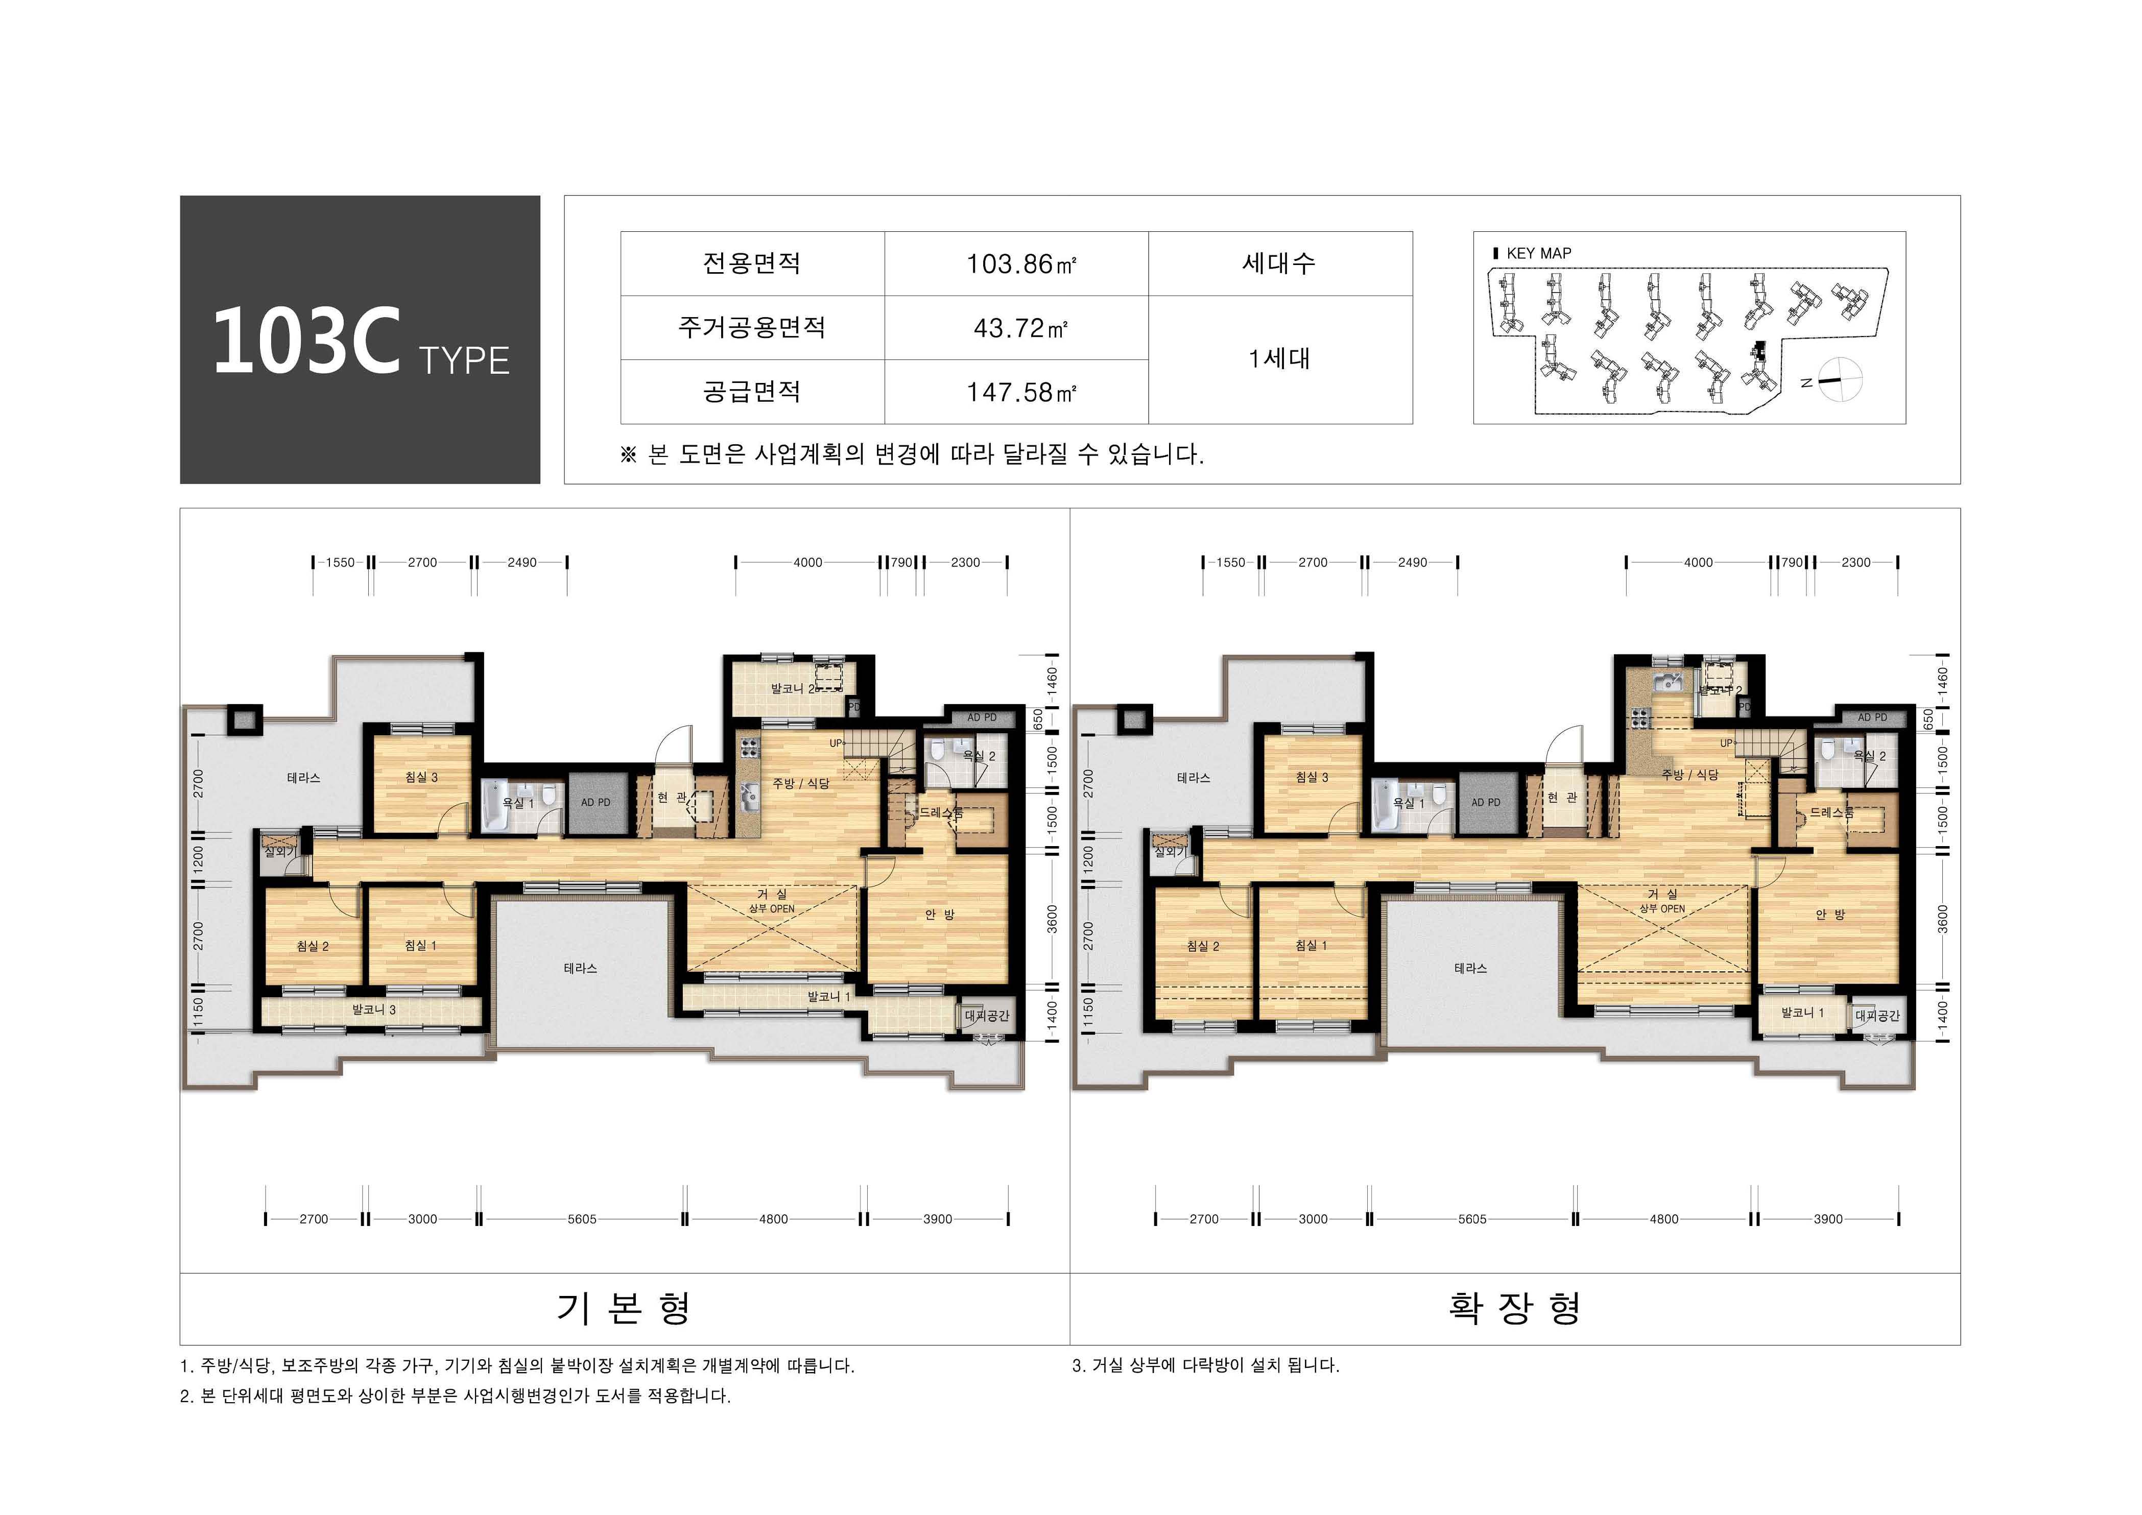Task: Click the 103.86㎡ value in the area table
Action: tap(1020, 264)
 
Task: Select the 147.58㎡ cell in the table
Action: tap(1020, 392)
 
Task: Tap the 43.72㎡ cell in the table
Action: tap(1020, 328)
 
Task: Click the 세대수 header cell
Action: tap(1279, 264)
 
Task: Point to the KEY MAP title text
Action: tap(1537, 253)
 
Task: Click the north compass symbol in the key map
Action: tap(1839, 380)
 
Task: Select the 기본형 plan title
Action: tap(623, 1307)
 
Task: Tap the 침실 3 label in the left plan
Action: tap(421, 777)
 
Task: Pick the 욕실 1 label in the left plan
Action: tap(518, 802)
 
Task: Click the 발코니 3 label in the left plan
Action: tap(373, 1009)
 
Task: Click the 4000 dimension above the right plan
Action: tap(1698, 563)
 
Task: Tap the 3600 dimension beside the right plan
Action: tap(1942, 918)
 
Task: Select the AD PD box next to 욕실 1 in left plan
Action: tap(595, 802)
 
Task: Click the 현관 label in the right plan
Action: tap(1562, 798)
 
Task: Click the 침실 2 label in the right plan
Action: tap(1203, 946)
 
